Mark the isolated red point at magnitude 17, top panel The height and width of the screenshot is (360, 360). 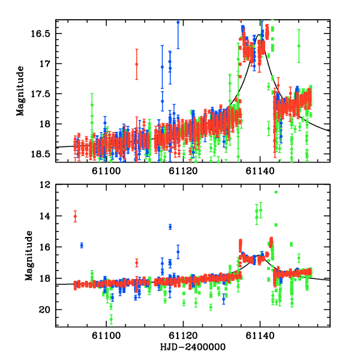(x=137, y=64)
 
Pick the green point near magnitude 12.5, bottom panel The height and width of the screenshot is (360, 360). (x=276, y=192)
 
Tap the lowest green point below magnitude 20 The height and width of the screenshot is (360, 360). (x=111, y=319)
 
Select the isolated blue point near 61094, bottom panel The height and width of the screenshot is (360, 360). (x=82, y=245)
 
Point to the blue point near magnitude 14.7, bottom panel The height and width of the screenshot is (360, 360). (x=170, y=227)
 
